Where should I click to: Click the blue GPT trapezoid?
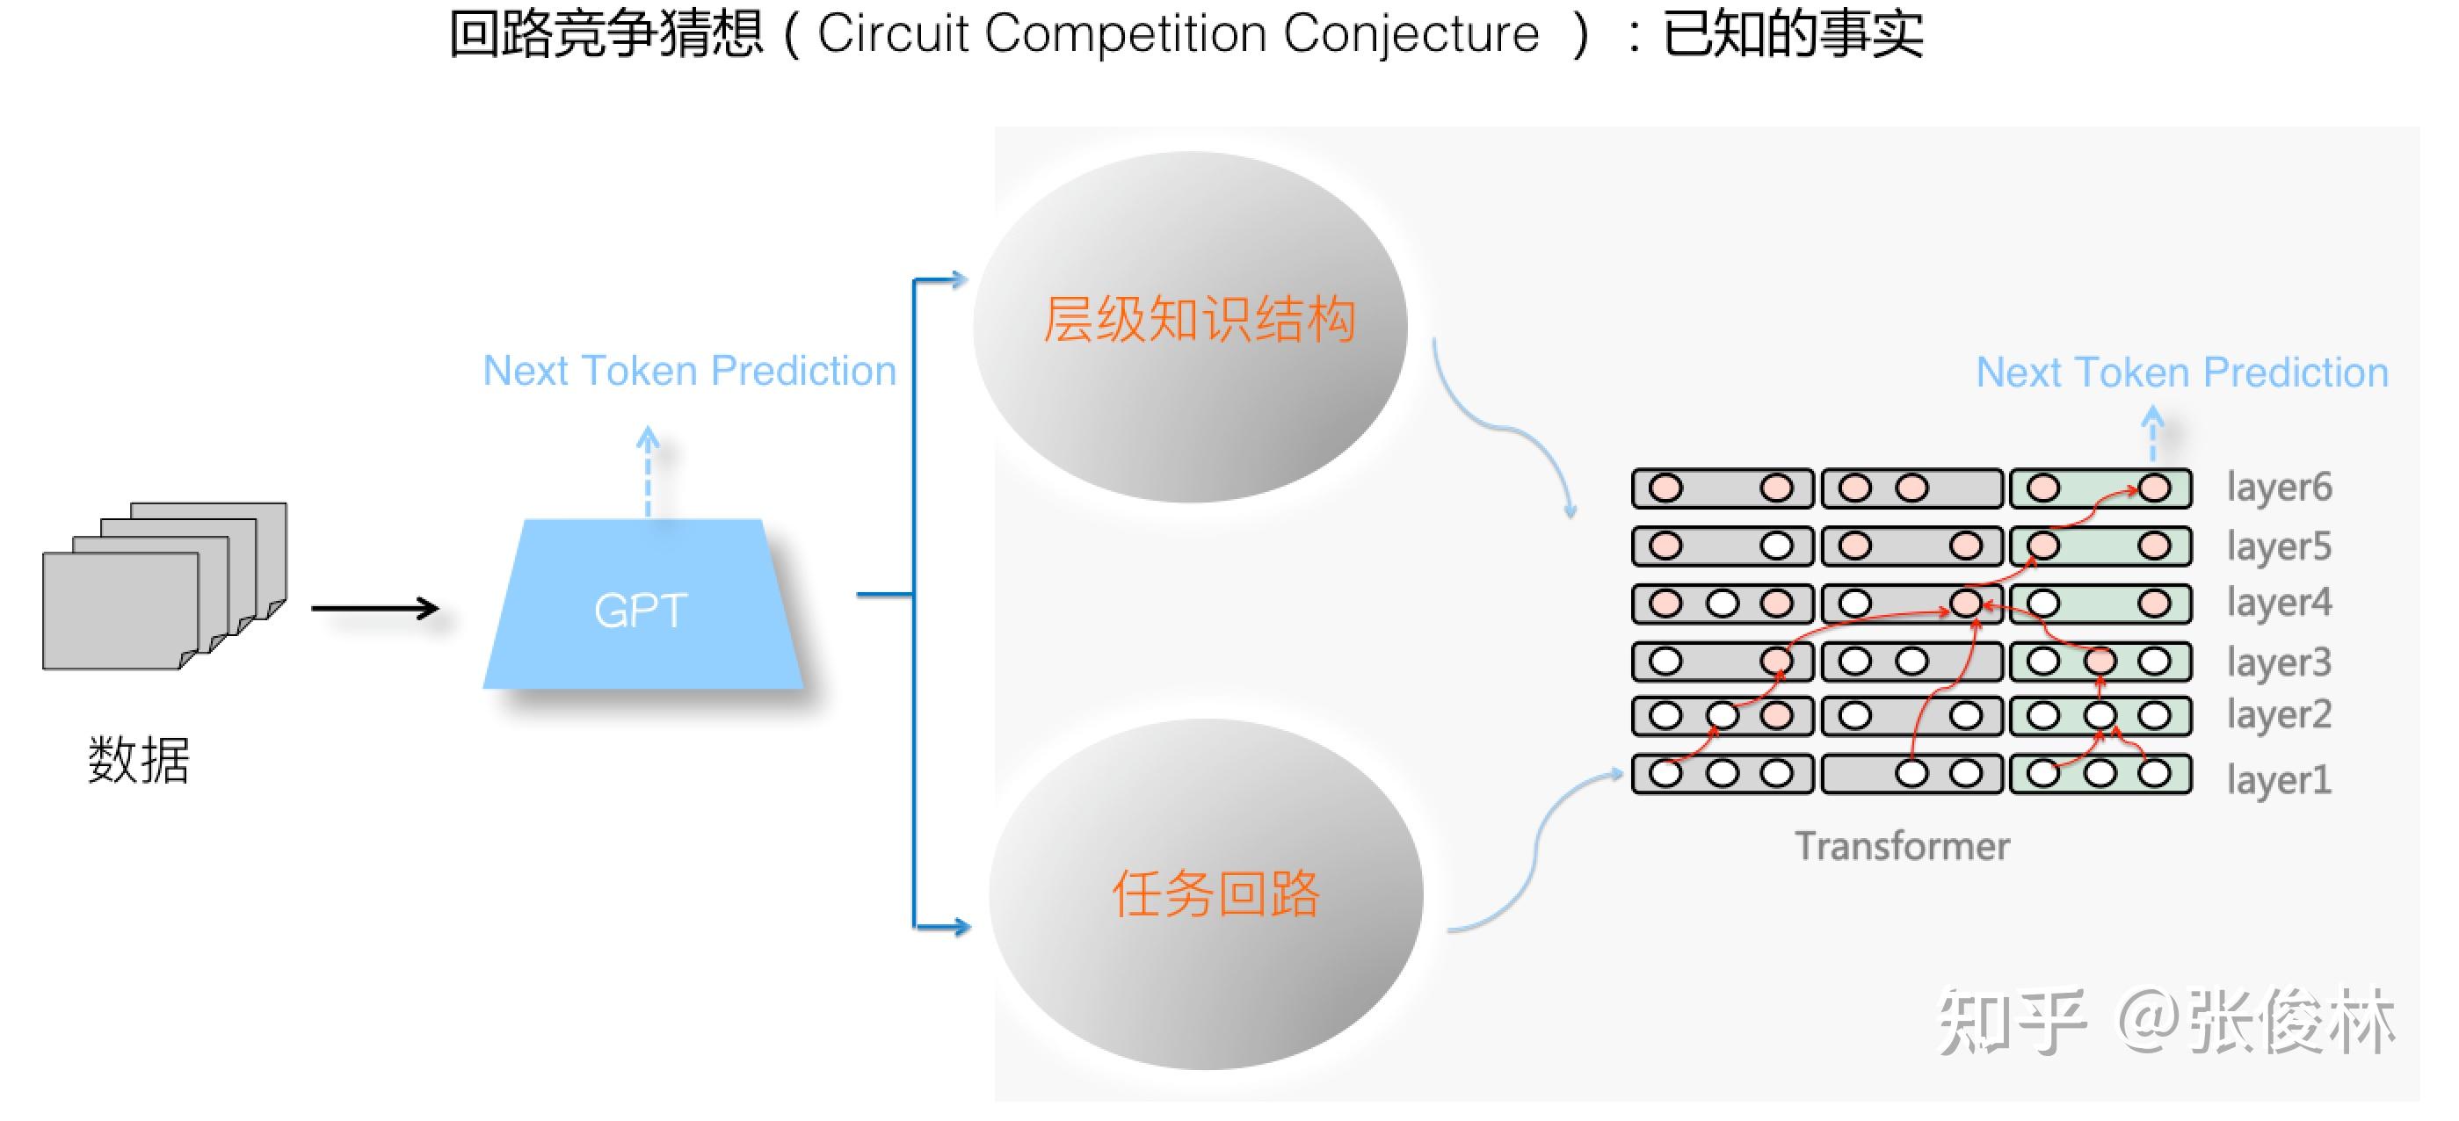pyautogui.click(x=642, y=607)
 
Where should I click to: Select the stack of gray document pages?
pyautogui.click(x=163, y=587)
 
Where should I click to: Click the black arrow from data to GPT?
pyautogui.click(x=375, y=608)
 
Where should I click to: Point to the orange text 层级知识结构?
pyautogui.click(x=1199, y=319)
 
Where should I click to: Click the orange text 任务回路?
pyautogui.click(x=1215, y=894)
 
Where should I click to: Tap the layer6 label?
pyautogui.click(x=2279, y=488)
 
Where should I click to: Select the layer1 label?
pyautogui.click(x=2279, y=780)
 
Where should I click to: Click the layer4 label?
pyautogui.click(x=2279, y=603)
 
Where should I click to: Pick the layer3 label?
pyautogui.click(x=2279, y=662)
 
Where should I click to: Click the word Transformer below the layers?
pyautogui.click(x=1902, y=846)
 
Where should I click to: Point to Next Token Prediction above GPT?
pyautogui.click(x=689, y=371)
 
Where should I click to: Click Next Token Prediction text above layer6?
pyautogui.click(x=2181, y=373)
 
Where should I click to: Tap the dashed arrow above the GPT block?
pyautogui.click(x=649, y=470)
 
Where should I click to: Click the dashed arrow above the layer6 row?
pyautogui.click(x=2152, y=434)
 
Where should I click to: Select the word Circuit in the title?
pyautogui.click(x=893, y=34)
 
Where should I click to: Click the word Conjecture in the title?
pyautogui.click(x=1411, y=34)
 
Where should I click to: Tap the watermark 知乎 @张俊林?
pyautogui.click(x=2167, y=1021)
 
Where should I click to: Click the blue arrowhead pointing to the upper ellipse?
pyautogui.click(x=957, y=279)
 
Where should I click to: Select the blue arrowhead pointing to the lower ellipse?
pyautogui.click(x=960, y=925)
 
